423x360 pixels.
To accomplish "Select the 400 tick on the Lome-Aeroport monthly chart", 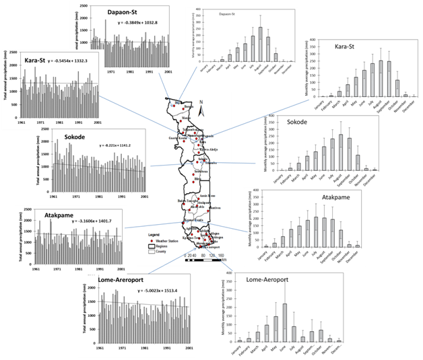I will point(232,274).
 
